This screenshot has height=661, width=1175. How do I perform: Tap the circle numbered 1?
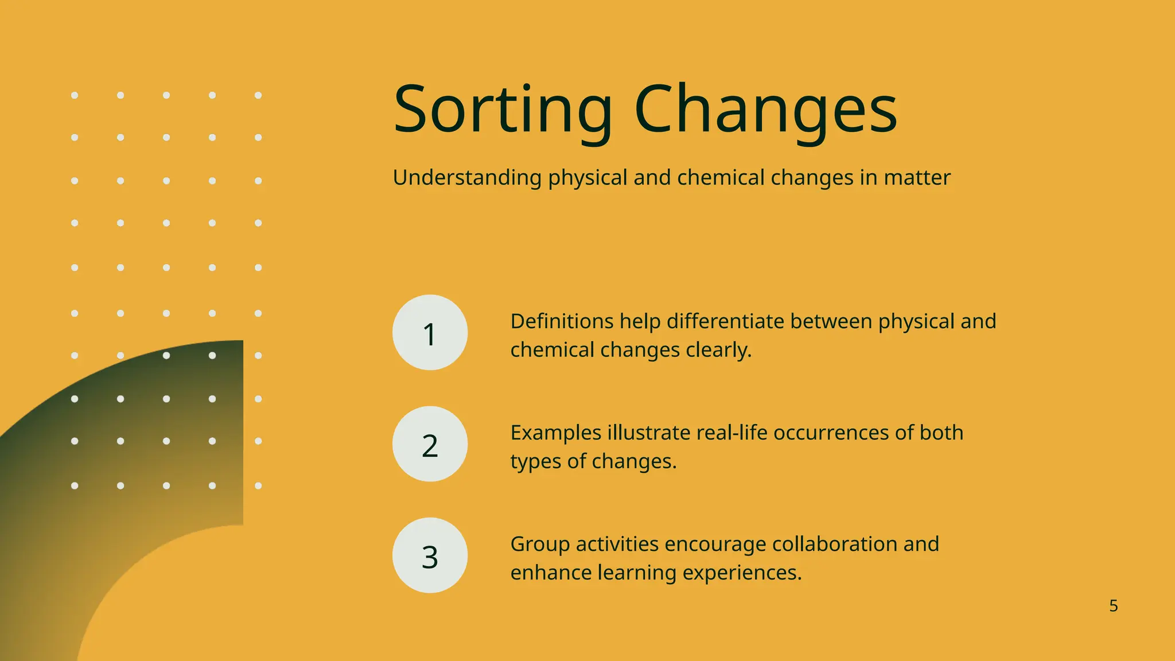click(x=430, y=333)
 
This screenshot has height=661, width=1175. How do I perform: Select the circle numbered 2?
click(x=430, y=444)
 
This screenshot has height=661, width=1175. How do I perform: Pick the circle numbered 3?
click(x=430, y=555)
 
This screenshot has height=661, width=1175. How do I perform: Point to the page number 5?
click(x=1113, y=606)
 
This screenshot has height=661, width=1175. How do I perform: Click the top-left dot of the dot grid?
click(x=75, y=95)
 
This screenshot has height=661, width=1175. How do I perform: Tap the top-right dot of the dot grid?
click(x=258, y=95)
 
